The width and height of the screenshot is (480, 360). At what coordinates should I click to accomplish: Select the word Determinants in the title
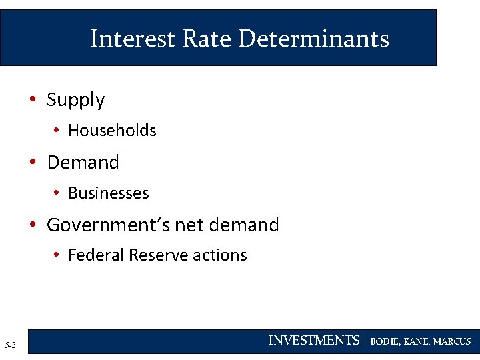pos(313,39)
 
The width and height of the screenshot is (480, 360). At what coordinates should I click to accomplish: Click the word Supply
pos(76,101)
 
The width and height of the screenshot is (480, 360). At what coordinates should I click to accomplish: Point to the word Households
pos(112,131)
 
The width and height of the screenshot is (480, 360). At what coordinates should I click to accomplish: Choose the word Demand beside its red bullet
pos(83,162)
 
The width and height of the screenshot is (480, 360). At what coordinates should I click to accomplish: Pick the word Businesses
pos(109,193)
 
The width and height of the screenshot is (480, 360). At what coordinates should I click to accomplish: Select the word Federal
pos(96,255)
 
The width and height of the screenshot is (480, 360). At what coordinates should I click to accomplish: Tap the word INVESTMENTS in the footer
pos(314,341)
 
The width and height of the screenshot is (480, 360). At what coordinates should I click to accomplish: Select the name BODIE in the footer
pos(386,341)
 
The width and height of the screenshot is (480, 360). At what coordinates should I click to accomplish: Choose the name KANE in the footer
pos(417,341)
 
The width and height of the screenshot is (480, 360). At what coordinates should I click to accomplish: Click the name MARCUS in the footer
pos(452,341)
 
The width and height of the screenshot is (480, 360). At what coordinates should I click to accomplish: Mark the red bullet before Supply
pos(32,100)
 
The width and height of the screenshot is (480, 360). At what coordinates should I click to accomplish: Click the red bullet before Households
pos(57,131)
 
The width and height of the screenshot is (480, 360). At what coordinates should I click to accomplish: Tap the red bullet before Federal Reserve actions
pos(57,255)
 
